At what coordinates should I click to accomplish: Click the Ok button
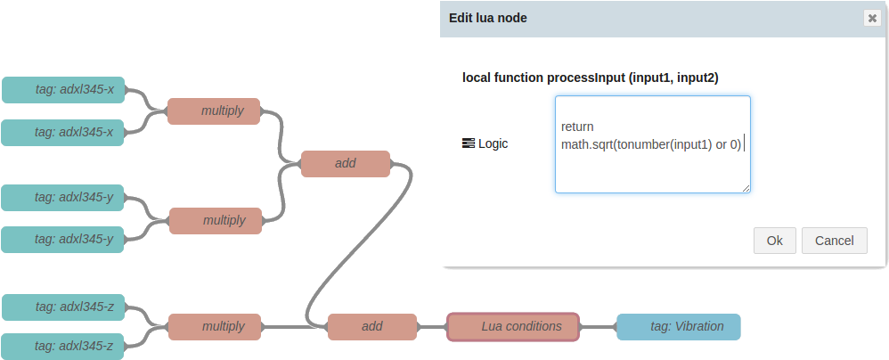[x=774, y=241]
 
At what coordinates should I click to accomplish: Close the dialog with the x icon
[x=872, y=18]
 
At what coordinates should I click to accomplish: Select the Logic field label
[x=493, y=143]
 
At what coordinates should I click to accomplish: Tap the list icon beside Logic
[x=468, y=143]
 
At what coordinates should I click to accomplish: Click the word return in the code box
[x=577, y=127]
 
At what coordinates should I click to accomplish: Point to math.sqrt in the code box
[x=587, y=144]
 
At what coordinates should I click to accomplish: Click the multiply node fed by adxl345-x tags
[x=214, y=111]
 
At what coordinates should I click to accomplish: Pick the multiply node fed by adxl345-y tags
[x=216, y=220]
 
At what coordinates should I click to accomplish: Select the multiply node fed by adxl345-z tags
[x=215, y=326]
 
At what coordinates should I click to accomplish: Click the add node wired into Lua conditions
[x=372, y=326]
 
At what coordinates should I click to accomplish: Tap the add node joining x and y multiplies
[x=346, y=164]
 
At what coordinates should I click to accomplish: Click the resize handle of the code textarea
[x=746, y=188]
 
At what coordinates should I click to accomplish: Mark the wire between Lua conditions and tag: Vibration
[x=599, y=327]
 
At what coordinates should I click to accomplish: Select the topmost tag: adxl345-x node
[x=63, y=89]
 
